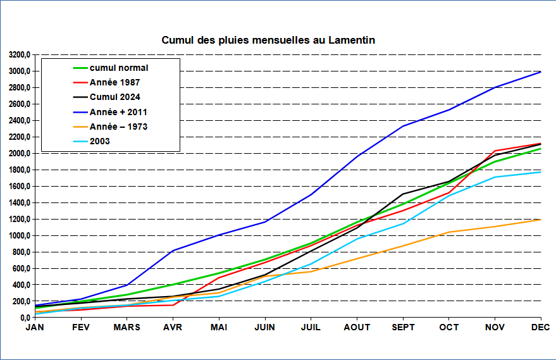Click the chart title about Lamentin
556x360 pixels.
tap(268, 40)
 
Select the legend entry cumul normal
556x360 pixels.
tap(119, 68)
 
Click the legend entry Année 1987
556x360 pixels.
tap(114, 82)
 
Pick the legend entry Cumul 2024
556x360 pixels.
tap(115, 97)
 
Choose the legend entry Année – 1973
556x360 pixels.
tap(118, 127)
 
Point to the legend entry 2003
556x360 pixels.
tap(100, 141)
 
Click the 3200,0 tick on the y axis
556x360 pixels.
tap(19, 54)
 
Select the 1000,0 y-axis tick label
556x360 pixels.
tap(19, 235)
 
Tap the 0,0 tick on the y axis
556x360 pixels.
tap(24, 318)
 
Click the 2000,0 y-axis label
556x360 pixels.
tap(19, 153)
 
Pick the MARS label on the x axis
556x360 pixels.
tap(127, 327)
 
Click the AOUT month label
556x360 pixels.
tap(357, 327)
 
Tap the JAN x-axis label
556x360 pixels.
tap(35, 327)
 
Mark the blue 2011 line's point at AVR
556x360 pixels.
tap(173, 251)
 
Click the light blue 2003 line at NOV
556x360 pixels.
tap(495, 177)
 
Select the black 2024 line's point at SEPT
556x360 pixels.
tap(404, 194)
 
